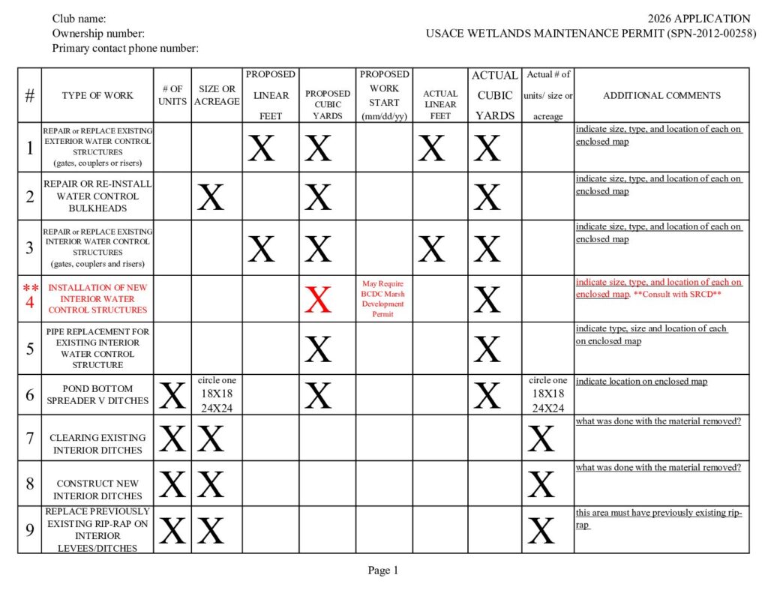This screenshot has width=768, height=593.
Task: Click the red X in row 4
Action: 318,299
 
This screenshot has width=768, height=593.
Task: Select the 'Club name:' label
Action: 79,19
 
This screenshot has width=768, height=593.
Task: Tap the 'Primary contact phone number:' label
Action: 125,49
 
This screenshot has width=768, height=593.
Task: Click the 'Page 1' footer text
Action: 382,571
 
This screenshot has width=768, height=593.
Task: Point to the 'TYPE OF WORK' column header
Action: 97,95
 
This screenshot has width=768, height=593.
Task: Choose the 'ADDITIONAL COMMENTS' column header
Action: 661,95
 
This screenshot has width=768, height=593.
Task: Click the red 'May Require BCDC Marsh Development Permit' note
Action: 384,299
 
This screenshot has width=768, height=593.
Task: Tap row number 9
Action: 30,530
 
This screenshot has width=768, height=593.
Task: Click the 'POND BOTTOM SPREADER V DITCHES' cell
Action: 97,394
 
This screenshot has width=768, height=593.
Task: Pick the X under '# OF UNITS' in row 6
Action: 172,395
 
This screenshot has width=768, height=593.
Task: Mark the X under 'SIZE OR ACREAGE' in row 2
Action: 211,197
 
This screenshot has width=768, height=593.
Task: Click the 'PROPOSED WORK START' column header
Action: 384,95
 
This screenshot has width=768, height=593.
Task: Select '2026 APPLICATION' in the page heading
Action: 699,19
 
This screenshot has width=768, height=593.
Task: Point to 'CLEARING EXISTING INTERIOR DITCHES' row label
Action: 97,444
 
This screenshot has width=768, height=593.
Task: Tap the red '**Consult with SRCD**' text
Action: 688,295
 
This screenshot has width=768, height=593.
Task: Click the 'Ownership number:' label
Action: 98,34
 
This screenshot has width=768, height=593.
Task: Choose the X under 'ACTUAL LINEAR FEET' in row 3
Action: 431,249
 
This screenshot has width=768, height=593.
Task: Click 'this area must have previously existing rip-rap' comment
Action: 658,519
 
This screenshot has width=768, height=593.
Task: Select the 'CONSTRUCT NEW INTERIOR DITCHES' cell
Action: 97,490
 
